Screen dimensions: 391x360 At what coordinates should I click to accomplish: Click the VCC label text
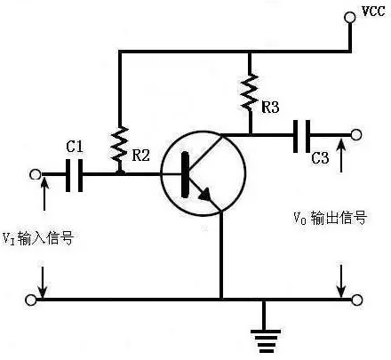(373, 11)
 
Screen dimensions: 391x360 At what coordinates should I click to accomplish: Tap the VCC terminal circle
(349, 17)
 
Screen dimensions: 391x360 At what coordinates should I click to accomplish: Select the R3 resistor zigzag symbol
(250, 92)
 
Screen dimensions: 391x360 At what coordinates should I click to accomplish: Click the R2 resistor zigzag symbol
(119, 148)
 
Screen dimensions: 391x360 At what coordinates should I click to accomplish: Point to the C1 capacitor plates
(74, 175)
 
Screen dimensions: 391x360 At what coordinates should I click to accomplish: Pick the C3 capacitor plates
(301, 136)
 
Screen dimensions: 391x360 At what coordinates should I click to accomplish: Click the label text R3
(270, 107)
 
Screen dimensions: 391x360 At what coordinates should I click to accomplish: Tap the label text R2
(140, 155)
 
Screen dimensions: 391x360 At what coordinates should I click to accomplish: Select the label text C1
(75, 147)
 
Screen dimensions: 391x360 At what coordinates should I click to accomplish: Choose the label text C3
(320, 158)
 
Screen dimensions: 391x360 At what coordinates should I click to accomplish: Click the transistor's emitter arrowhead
(205, 194)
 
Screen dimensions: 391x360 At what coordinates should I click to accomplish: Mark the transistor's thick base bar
(185, 174)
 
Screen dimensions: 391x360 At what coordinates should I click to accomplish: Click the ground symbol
(266, 340)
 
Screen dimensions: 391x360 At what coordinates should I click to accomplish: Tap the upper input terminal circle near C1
(36, 174)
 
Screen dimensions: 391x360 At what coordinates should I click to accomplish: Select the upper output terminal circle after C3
(356, 135)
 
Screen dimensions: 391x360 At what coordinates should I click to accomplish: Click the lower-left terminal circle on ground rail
(30, 300)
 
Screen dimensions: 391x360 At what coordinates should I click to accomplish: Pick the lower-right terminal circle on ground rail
(356, 300)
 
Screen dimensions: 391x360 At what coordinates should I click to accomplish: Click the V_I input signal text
(38, 238)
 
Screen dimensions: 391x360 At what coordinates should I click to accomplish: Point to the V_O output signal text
(331, 218)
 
